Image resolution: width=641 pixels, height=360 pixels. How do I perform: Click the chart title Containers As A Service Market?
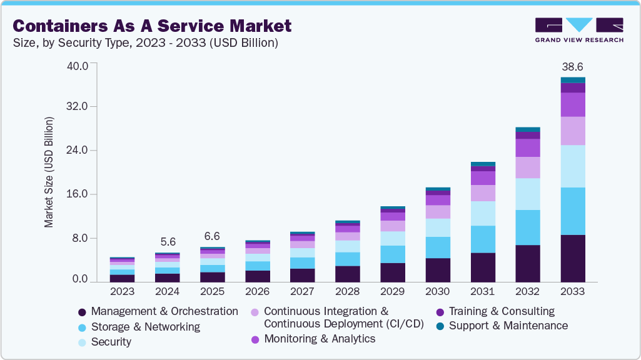[152, 26]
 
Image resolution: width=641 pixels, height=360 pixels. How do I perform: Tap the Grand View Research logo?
[578, 30]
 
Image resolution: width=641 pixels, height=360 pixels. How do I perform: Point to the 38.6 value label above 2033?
[572, 66]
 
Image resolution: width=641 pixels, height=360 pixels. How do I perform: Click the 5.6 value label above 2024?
[167, 241]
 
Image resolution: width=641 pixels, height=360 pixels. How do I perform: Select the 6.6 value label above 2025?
[213, 236]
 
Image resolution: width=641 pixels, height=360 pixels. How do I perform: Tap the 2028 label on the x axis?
[347, 291]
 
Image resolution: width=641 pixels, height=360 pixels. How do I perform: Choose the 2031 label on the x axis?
[482, 291]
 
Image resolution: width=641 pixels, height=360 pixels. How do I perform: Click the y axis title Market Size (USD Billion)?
[49, 172]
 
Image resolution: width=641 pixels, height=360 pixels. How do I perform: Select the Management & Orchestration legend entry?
[164, 311]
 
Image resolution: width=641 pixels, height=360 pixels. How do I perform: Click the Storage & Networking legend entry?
[145, 327]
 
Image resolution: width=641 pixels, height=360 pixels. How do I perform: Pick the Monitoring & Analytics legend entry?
[320, 339]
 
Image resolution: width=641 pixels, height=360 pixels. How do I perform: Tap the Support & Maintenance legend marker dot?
[440, 326]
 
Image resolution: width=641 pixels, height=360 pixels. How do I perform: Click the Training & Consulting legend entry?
[502, 311]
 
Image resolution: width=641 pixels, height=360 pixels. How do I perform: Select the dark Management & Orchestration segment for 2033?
[572, 258]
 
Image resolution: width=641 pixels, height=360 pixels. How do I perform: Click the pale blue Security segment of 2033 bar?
[572, 166]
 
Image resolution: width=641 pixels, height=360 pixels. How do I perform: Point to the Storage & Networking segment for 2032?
[527, 227]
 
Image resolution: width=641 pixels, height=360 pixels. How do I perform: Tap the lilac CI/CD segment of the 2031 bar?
[482, 193]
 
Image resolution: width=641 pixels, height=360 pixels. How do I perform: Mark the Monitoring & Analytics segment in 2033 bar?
[572, 104]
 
